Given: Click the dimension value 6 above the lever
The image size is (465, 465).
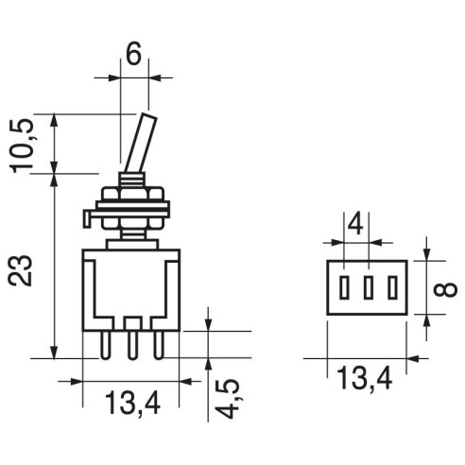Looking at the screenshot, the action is (x=133, y=55).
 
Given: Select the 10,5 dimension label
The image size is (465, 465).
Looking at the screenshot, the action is (x=23, y=146).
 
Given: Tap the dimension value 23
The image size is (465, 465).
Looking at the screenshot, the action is (x=21, y=270).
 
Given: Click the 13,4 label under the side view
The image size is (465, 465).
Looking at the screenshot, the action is (x=132, y=404).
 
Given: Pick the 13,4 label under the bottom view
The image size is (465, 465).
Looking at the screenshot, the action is (x=365, y=379).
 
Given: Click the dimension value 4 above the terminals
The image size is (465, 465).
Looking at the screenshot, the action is (x=355, y=225).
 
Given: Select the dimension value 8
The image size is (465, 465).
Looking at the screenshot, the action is (x=444, y=288).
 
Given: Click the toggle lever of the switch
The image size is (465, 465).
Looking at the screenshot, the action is (x=141, y=143).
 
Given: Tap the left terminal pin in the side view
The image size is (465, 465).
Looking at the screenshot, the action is (x=105, y=345).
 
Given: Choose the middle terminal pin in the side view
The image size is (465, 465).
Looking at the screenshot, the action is (x=132, y=345).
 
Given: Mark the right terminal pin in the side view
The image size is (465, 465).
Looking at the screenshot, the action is (x=159, y=345).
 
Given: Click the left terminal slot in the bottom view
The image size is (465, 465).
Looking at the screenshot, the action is (x=344, y=287).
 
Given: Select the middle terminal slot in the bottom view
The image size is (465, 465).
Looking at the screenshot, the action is (x=368, y=287).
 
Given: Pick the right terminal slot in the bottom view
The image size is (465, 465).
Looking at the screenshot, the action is (x=392, y=287).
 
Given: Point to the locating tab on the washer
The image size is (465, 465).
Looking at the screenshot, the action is (x=87, y=218).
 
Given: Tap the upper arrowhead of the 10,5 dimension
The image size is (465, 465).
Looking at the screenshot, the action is (x=55, y=120).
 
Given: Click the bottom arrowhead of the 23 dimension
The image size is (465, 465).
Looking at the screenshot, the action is (x=55, y=352).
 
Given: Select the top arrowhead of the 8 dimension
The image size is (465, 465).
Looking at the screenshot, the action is (x=426, y=254).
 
